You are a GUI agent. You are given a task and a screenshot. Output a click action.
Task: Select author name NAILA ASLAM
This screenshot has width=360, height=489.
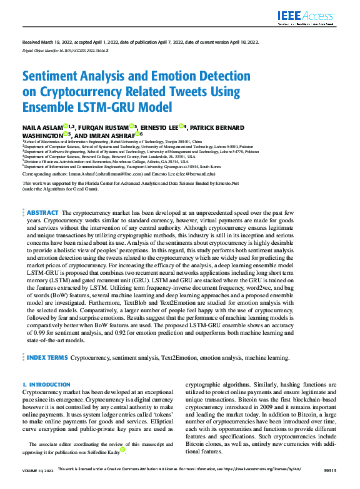tap(41, 127)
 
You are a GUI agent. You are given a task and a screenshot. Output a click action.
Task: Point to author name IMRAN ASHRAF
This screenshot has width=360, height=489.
tap(112, 134)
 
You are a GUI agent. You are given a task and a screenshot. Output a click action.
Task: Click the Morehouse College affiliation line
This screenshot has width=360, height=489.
tap(100, 162)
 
